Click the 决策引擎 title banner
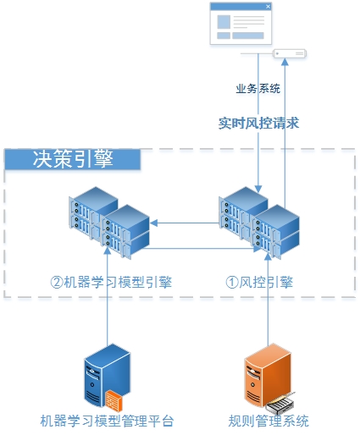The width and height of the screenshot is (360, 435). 73,159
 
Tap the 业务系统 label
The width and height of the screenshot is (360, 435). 258,89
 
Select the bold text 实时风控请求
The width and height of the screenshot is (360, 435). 258,124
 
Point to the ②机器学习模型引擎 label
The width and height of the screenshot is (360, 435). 111,282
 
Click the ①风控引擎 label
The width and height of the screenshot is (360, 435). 259,282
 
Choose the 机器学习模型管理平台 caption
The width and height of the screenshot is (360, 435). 107,421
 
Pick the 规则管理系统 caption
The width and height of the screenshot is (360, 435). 269,421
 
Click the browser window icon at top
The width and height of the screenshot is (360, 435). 241,24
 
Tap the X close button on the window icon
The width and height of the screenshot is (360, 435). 268,7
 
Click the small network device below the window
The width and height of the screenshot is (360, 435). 290,53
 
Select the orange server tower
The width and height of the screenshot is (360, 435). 268,375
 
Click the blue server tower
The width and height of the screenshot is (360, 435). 108,375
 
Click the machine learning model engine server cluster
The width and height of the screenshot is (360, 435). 109,223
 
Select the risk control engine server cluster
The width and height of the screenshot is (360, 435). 259,223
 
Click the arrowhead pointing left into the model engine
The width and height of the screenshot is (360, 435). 154,223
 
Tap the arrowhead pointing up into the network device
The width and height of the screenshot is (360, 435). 285,62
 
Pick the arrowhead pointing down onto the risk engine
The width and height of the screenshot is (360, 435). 258,189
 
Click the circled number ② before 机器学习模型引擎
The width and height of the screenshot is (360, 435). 57,282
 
